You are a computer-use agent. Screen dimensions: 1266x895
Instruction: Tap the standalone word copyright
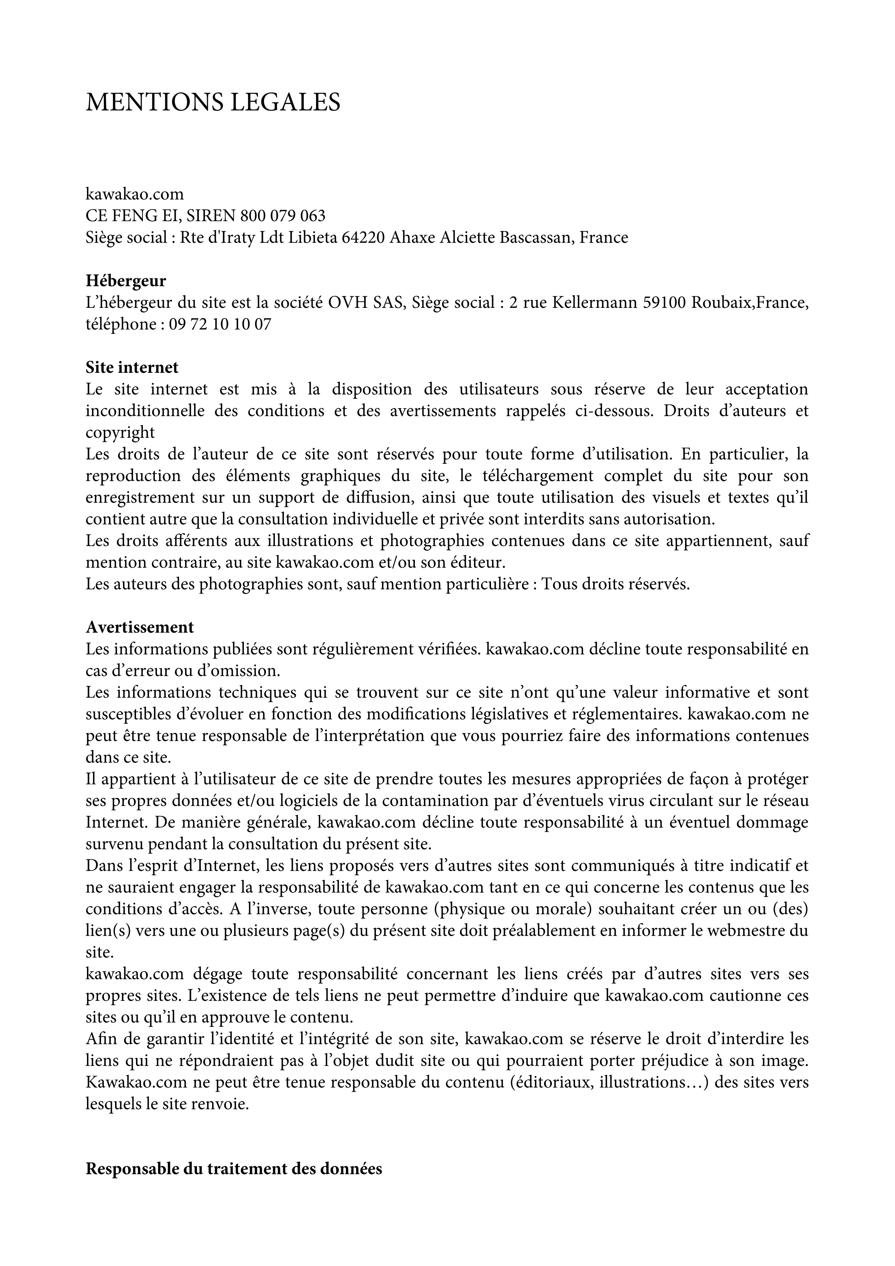click(x=120, y=432)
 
